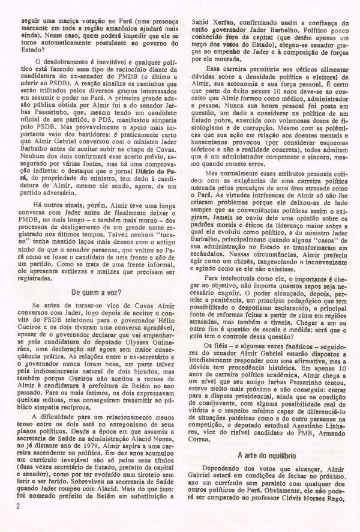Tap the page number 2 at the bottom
click(12, 522)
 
